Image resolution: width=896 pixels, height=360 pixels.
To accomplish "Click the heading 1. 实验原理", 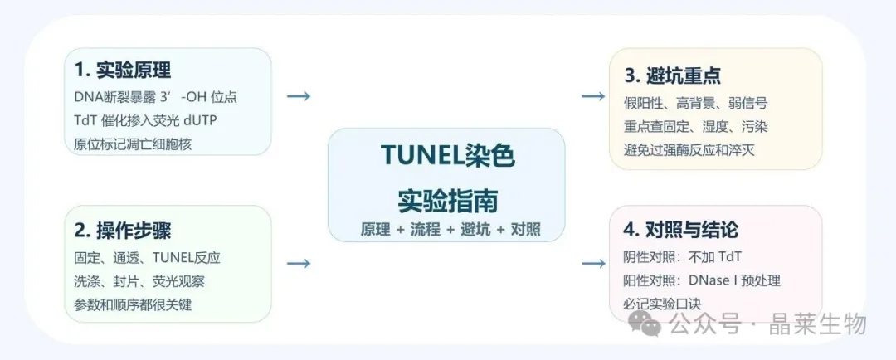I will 122,71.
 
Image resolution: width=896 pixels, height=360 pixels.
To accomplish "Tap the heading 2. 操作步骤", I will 122,230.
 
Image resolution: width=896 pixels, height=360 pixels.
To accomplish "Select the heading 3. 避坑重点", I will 672,75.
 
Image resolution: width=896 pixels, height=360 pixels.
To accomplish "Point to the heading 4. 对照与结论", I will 681,230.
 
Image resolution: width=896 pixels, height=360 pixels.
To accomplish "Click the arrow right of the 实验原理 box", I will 299,96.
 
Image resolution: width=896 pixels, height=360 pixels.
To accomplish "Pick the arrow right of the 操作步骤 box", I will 299,264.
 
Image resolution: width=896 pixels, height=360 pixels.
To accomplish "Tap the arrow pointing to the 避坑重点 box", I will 593,96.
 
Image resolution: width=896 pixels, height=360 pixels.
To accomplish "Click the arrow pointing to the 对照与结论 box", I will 593,264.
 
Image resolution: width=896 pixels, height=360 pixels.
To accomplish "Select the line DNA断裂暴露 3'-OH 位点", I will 155,97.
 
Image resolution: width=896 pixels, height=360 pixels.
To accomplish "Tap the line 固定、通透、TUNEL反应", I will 147,257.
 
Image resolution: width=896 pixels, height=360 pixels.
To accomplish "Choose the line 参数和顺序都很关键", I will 133,304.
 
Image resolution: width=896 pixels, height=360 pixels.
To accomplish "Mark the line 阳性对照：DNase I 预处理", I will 702,280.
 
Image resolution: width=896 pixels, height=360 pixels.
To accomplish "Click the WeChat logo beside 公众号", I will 645,324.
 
